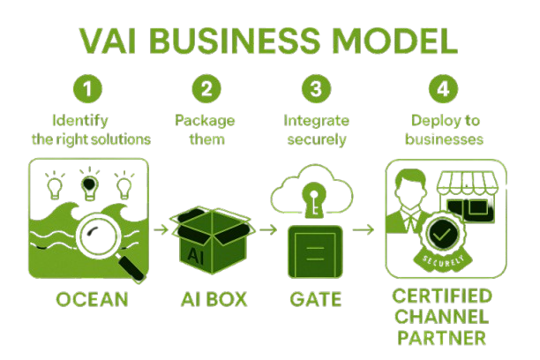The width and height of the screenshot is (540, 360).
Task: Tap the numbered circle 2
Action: click(206, 89)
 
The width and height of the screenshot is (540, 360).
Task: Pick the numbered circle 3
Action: click(315, 89)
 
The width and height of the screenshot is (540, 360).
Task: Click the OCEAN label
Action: click(91, 299)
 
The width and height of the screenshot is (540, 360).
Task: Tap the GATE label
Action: click(315, 299)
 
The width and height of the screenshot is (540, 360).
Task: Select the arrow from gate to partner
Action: click(363, 229)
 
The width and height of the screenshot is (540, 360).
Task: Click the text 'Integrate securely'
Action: click(315, 129)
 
